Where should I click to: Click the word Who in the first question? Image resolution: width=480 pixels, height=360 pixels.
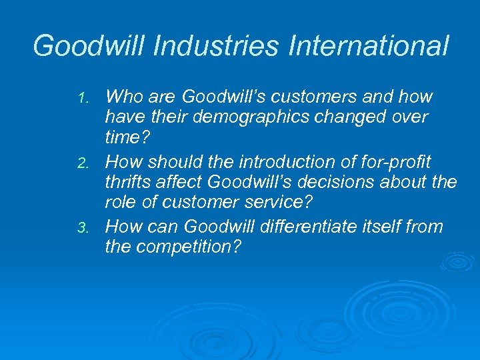pyautogui.click(x=123, y=97)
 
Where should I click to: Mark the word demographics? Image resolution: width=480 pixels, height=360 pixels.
pyautogui.click(x=249, y=117)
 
